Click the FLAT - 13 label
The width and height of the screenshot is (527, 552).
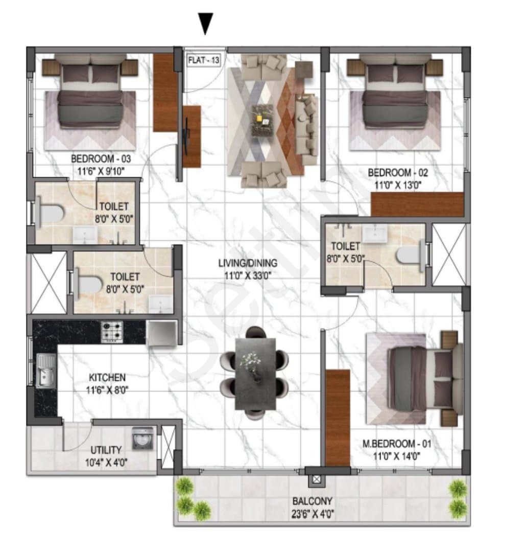(204, 60)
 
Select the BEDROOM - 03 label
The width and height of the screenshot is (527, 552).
(101, 159)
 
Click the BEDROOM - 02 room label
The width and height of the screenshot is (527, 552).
(398, 173)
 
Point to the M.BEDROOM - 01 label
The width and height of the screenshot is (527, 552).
(396, 444)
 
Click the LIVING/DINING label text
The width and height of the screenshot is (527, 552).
(248, 263)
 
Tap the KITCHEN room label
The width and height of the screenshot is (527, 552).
(107, 377)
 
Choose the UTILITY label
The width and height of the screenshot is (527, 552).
(106, 450)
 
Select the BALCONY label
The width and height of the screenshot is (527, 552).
(313, 501)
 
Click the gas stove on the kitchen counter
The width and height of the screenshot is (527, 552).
(112, 332)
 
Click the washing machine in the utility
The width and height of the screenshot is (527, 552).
(143, 439)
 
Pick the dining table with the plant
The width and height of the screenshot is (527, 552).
(255, 374)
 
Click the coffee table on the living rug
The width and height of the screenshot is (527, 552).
(262, 120)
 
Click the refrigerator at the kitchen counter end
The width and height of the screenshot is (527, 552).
(161, 333)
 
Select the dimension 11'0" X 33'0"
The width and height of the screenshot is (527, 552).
(248, 275)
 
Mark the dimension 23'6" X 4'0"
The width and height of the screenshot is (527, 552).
(313, 514)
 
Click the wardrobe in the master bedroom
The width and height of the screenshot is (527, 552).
(338, 418)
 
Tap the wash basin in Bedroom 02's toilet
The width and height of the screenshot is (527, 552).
(375, 234)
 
